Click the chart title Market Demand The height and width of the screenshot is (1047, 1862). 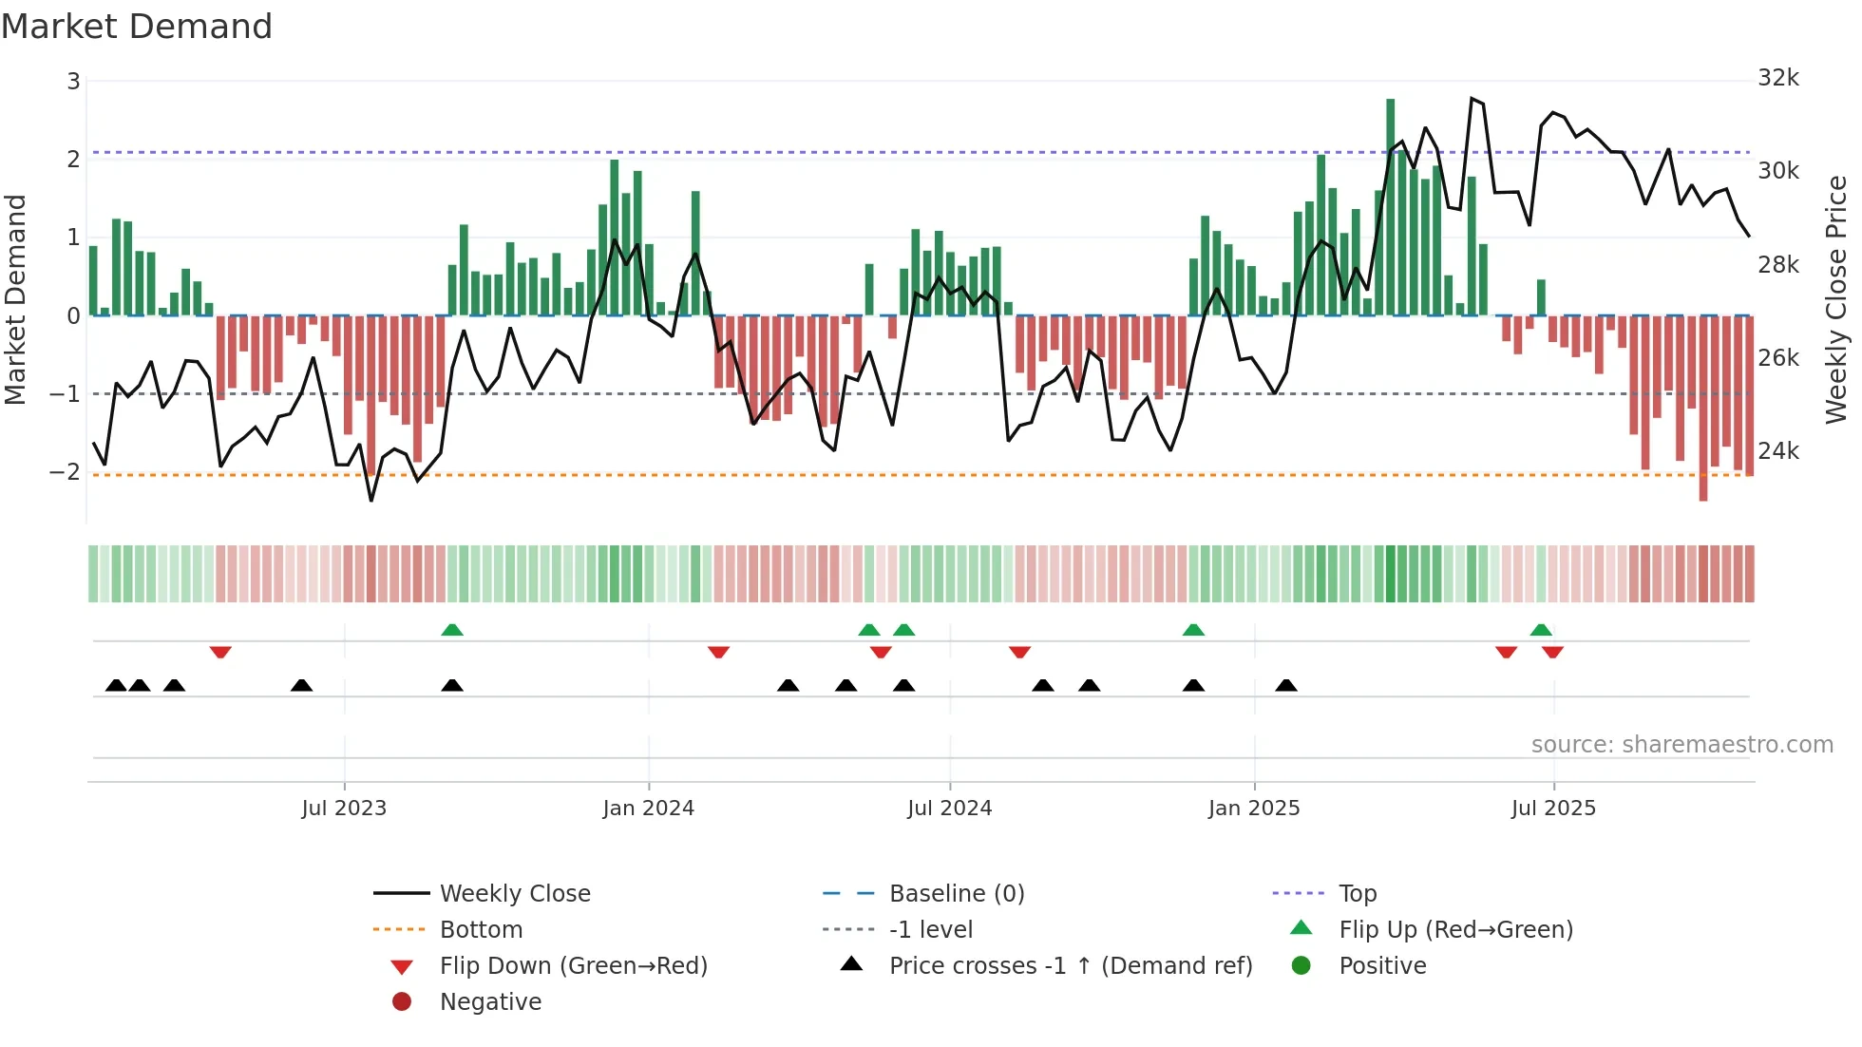point(137,27)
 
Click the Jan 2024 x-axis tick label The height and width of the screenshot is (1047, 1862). point(648,809)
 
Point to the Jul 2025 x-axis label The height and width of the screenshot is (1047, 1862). point(1553,809)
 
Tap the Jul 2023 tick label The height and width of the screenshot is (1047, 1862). point(344,809)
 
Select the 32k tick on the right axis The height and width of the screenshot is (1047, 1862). point(1777,78)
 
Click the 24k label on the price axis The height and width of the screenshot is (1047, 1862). point(1777,451)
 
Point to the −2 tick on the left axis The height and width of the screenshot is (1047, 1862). point(66,472)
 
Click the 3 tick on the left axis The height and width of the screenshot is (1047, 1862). point(73,82)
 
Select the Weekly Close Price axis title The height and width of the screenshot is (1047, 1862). point(1835,299)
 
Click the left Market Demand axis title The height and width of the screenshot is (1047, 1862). point(15,299)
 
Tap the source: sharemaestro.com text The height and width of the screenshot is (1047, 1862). point(1681,745)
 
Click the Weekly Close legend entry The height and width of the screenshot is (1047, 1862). point(514,894)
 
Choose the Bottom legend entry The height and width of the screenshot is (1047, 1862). point(481,930)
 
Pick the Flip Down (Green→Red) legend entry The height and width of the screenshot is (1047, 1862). point(573,966)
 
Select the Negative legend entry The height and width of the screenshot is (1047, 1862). point(490,1002)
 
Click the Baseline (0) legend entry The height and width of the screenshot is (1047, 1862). point(956,894)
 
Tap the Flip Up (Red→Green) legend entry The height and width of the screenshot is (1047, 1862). point(1455,930)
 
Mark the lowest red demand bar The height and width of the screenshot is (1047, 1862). point(1703,409)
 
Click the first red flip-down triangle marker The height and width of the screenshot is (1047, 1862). point(220,652)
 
